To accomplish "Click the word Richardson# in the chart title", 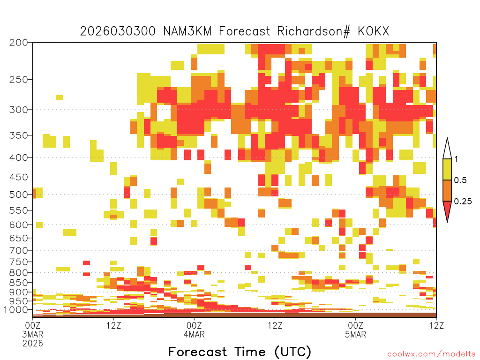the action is point(314,31).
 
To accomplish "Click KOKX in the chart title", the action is point(373,31).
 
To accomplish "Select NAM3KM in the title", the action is point(187,31).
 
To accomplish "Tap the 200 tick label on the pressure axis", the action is point(19,43).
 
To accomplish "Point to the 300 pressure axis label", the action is point(19,110).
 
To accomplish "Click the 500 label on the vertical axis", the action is point(19,195).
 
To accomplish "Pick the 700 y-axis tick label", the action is point(19,250).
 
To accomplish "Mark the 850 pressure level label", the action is point(19,283).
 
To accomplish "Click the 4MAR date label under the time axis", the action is point(194,334).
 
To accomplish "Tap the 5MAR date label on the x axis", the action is point(355,334).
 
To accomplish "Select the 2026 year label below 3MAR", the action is point(33,344).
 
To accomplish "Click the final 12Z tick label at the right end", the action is point(436,325).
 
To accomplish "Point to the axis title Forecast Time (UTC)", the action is point(240,352).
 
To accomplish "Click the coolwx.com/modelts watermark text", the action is point(431,354).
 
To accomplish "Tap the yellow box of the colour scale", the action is point(447,169).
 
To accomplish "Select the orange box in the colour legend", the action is point(447,190).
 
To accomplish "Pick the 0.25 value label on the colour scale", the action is point(463,202).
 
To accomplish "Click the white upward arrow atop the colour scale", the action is point(447,150).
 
